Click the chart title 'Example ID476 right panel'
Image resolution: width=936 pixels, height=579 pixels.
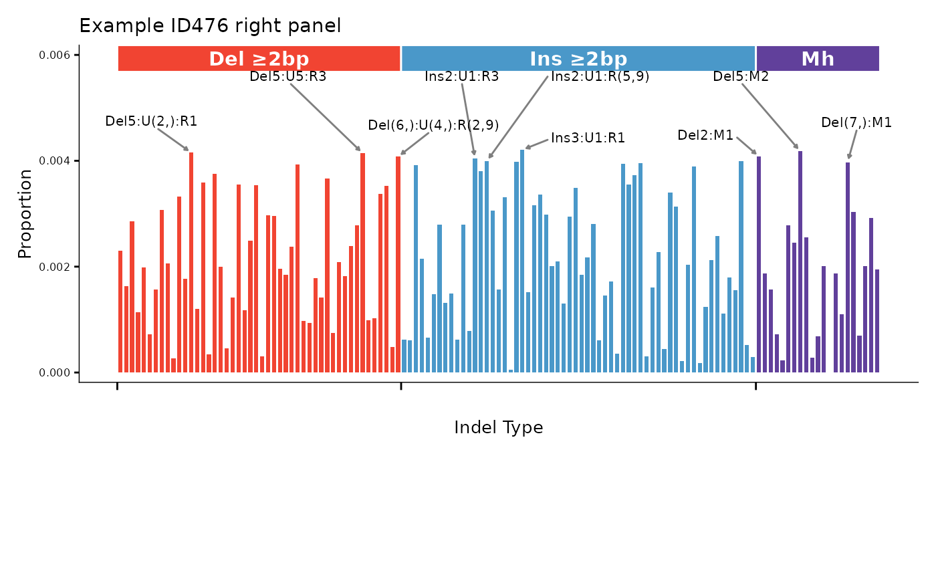click(210, 26)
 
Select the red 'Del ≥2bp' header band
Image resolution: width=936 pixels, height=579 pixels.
click(259, 59)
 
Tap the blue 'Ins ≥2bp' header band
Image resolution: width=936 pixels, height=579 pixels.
click(578, 59)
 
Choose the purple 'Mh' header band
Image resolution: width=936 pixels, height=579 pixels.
click(818, 59)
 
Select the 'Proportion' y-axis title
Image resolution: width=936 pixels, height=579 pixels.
click(25, 213)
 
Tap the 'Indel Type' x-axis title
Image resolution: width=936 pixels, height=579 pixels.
click(498, 427)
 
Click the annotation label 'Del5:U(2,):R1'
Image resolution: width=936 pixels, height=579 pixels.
click(151, 122)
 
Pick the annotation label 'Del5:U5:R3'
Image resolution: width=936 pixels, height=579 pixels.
click(287, 76)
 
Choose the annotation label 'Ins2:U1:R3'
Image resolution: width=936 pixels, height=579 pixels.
click(461, 76)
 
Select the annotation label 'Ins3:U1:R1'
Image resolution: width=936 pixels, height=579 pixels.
click(588, 138)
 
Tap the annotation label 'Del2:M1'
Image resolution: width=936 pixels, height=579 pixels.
click(705, 135)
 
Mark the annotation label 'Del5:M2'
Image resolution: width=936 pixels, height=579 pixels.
click(741, 76)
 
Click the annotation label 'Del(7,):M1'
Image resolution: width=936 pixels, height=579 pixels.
click(856, 122)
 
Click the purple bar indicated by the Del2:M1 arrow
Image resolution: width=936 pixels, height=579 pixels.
click(759, 267)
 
